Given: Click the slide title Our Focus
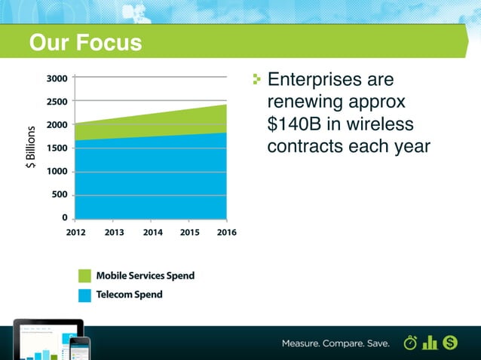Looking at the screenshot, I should [x=85, y=43].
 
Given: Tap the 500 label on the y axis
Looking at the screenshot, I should [x=59, y=195].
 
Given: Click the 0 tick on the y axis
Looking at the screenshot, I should [x=64, y=218].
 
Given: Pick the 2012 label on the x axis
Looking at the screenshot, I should [x=75, y=233].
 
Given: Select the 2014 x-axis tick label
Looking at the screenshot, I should [x=153, y=233].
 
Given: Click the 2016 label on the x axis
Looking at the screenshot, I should [x=226, y=233].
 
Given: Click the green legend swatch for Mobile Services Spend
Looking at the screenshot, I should [x=84, y=276].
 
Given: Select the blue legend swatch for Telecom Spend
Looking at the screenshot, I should [x=84, y=294].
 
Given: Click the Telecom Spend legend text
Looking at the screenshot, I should [x=129, y=294].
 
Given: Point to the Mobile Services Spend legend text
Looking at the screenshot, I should [x=145, y=276].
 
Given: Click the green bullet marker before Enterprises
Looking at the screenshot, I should [x=257, y=78].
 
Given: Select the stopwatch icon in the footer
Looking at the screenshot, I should [x=411, y=343].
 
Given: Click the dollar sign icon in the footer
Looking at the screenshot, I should [x=451, y=343].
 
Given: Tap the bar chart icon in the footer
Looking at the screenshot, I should [x=430, y=343].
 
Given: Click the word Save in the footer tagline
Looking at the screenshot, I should [x=375, y=343].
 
